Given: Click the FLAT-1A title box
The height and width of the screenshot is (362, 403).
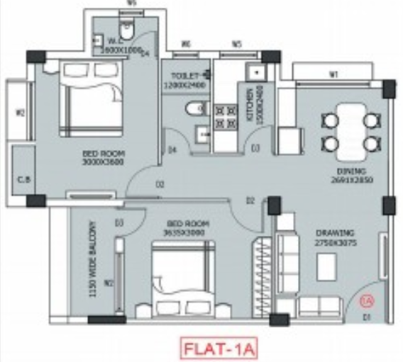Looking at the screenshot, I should point(219,348).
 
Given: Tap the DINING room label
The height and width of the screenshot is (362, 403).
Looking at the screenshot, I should point(352,172).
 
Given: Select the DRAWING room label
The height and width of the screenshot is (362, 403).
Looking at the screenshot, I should point(336,233).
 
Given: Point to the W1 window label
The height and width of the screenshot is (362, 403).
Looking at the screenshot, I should point(332,74).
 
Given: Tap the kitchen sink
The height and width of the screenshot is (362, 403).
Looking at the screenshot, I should point(252,72).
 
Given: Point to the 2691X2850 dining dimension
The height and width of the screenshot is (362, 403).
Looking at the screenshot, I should point(352,181).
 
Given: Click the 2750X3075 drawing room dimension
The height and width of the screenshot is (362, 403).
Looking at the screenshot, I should point(336,242).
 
